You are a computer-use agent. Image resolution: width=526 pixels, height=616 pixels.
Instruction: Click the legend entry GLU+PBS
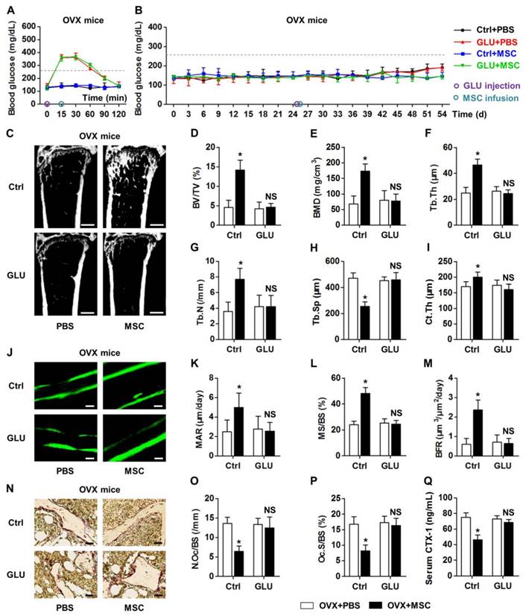click(x=489, y=44)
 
